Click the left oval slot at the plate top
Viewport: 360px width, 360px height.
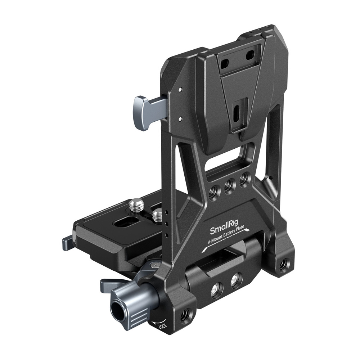coord(225,63)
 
